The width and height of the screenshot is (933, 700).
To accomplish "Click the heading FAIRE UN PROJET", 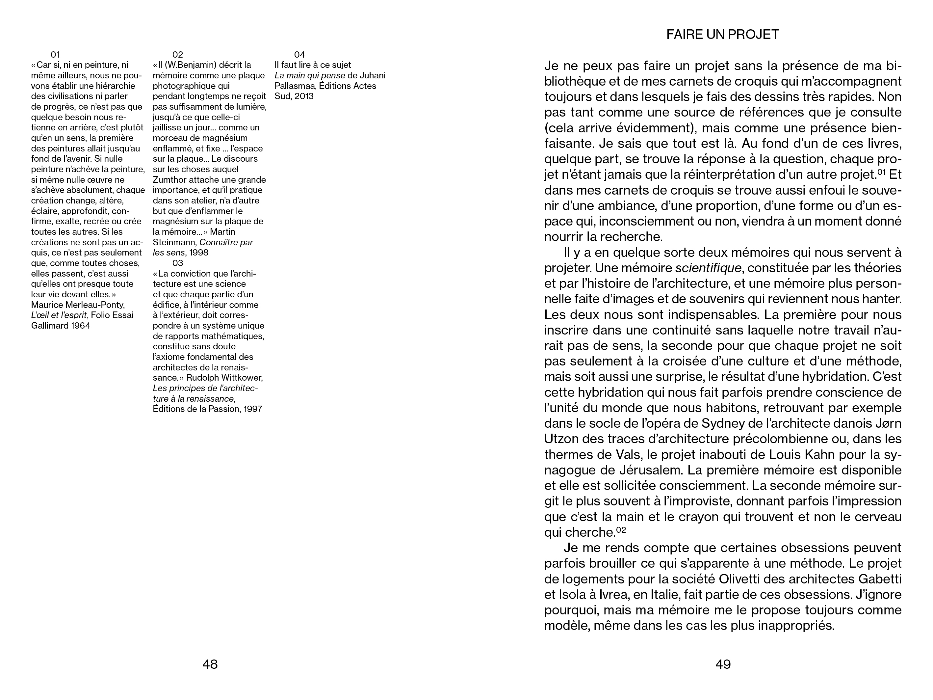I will [x=722, y=35].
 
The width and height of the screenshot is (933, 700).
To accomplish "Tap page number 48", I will [x=210, y=664].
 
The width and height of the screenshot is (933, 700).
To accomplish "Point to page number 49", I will [x=723, y=664].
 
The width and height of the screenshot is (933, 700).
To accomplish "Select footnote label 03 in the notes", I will [x=178, y=263].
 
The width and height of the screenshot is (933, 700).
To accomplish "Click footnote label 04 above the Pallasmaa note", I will [x=299, y=54].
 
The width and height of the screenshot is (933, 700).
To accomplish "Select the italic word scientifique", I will [x=708, y=268].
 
